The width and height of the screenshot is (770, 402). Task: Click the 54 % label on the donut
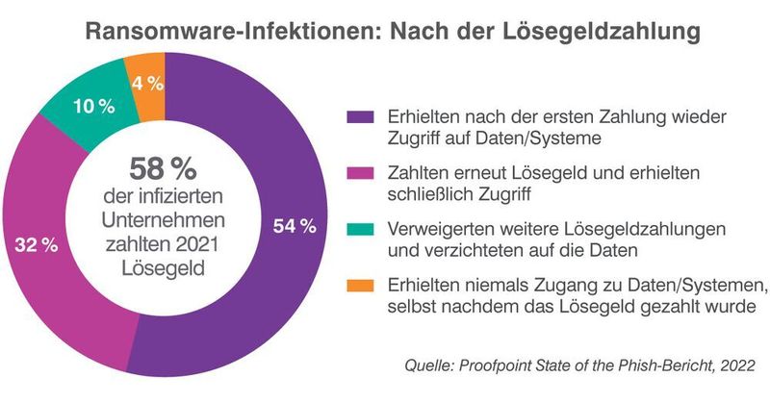click(x=295, y=227)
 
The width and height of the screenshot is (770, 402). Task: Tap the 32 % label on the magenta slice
click(x=37, y=245)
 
